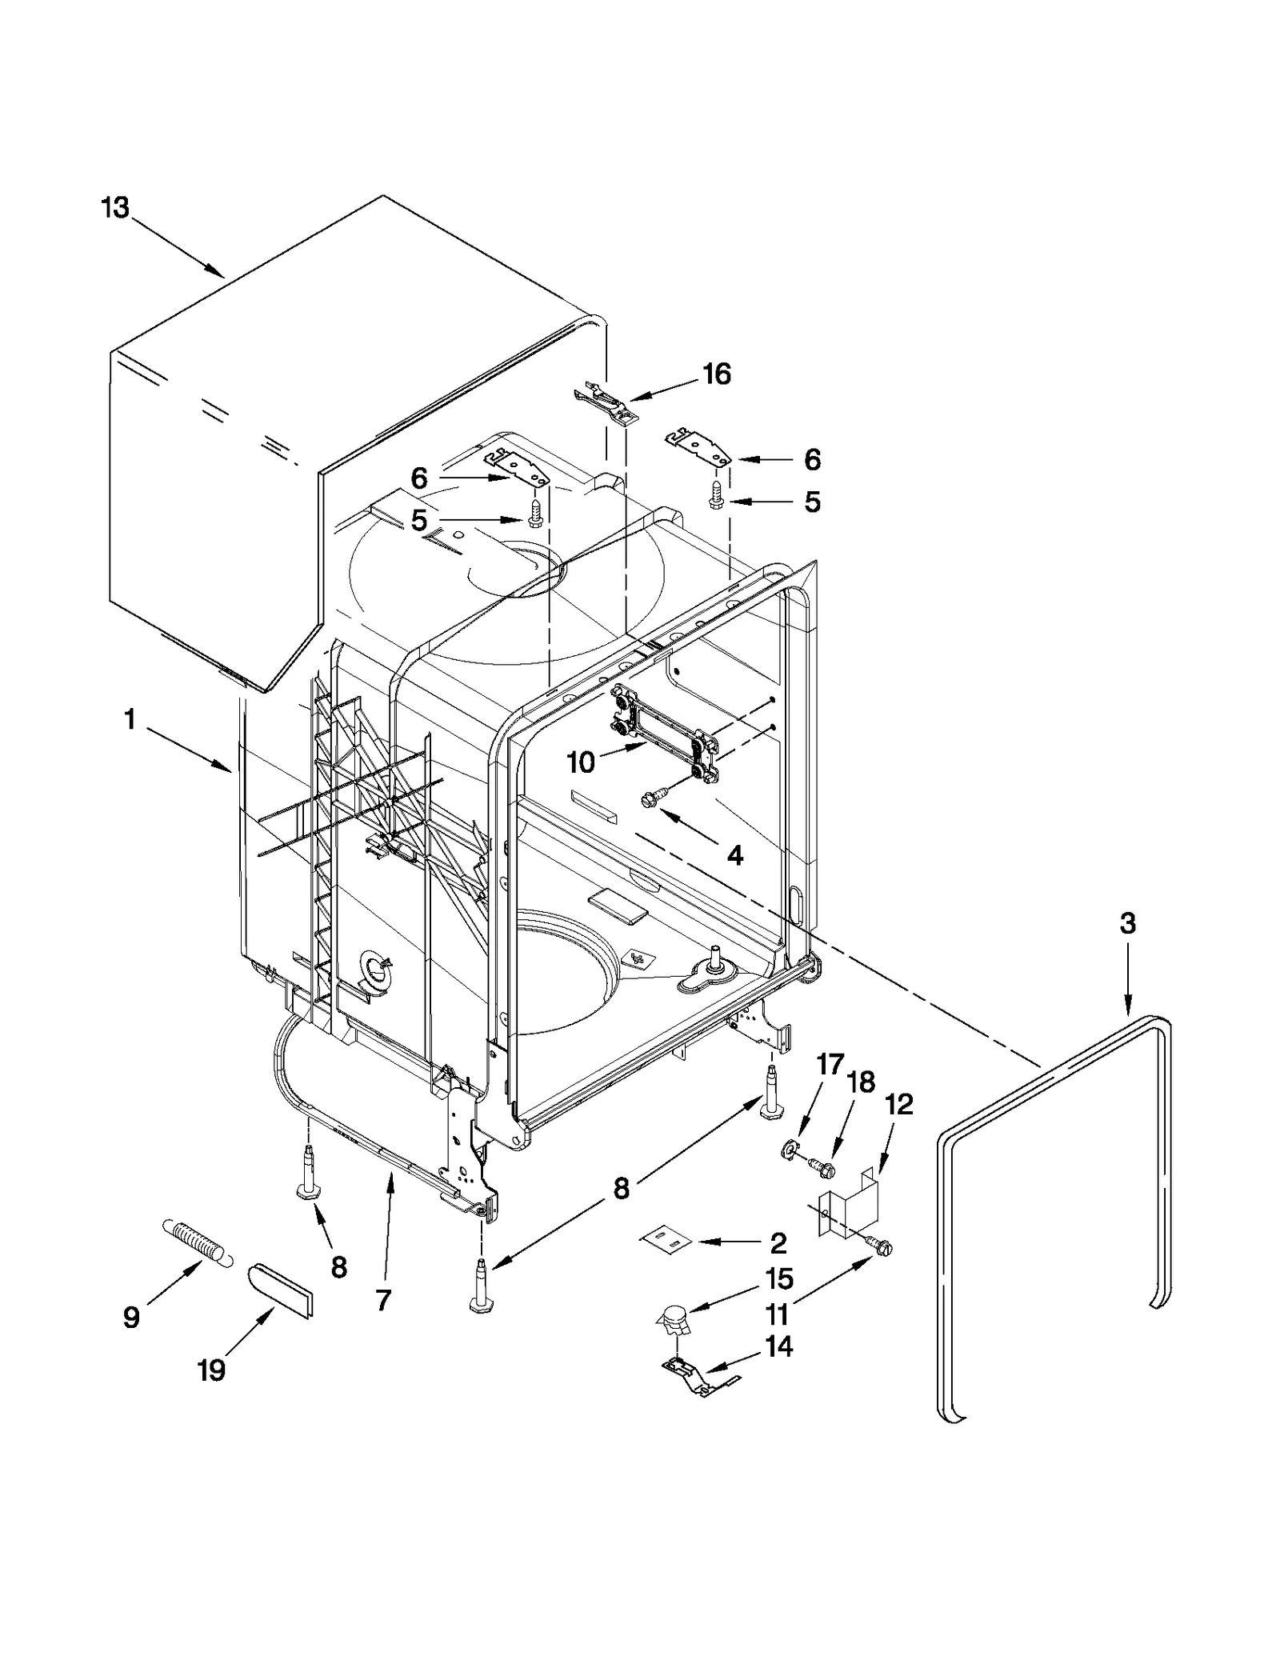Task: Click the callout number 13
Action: (114, 208)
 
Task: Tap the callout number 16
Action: (717, 374)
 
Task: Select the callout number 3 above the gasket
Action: (1127, 924)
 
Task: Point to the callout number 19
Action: (211, 1370)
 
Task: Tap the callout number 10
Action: (581, 762)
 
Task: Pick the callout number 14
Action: (778, 1347)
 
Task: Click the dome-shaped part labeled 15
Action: (672, 1315)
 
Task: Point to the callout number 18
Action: (861, 1082)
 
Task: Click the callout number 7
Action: (383, 1301)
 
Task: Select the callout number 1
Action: (130, 720)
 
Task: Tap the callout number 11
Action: (778, 1314)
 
